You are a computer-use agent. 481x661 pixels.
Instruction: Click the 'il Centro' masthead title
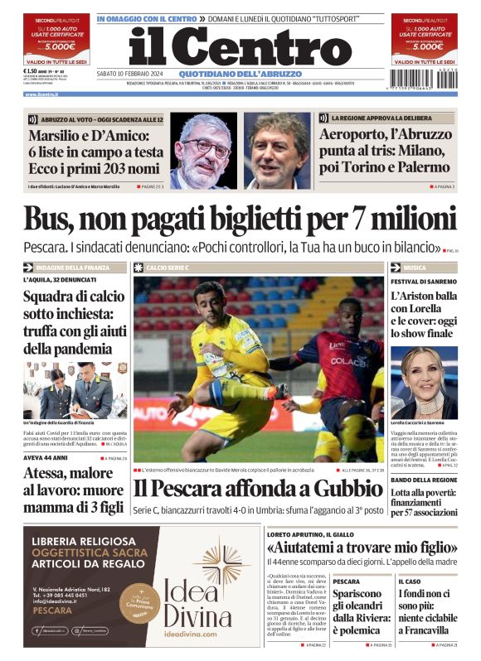pyautogui.click(x=240, y=46)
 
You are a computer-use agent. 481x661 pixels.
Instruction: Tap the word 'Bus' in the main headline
pyautogui.click(x=49, y=219)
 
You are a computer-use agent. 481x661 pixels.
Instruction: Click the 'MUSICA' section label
pyautogui.click(x=415, y=268)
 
